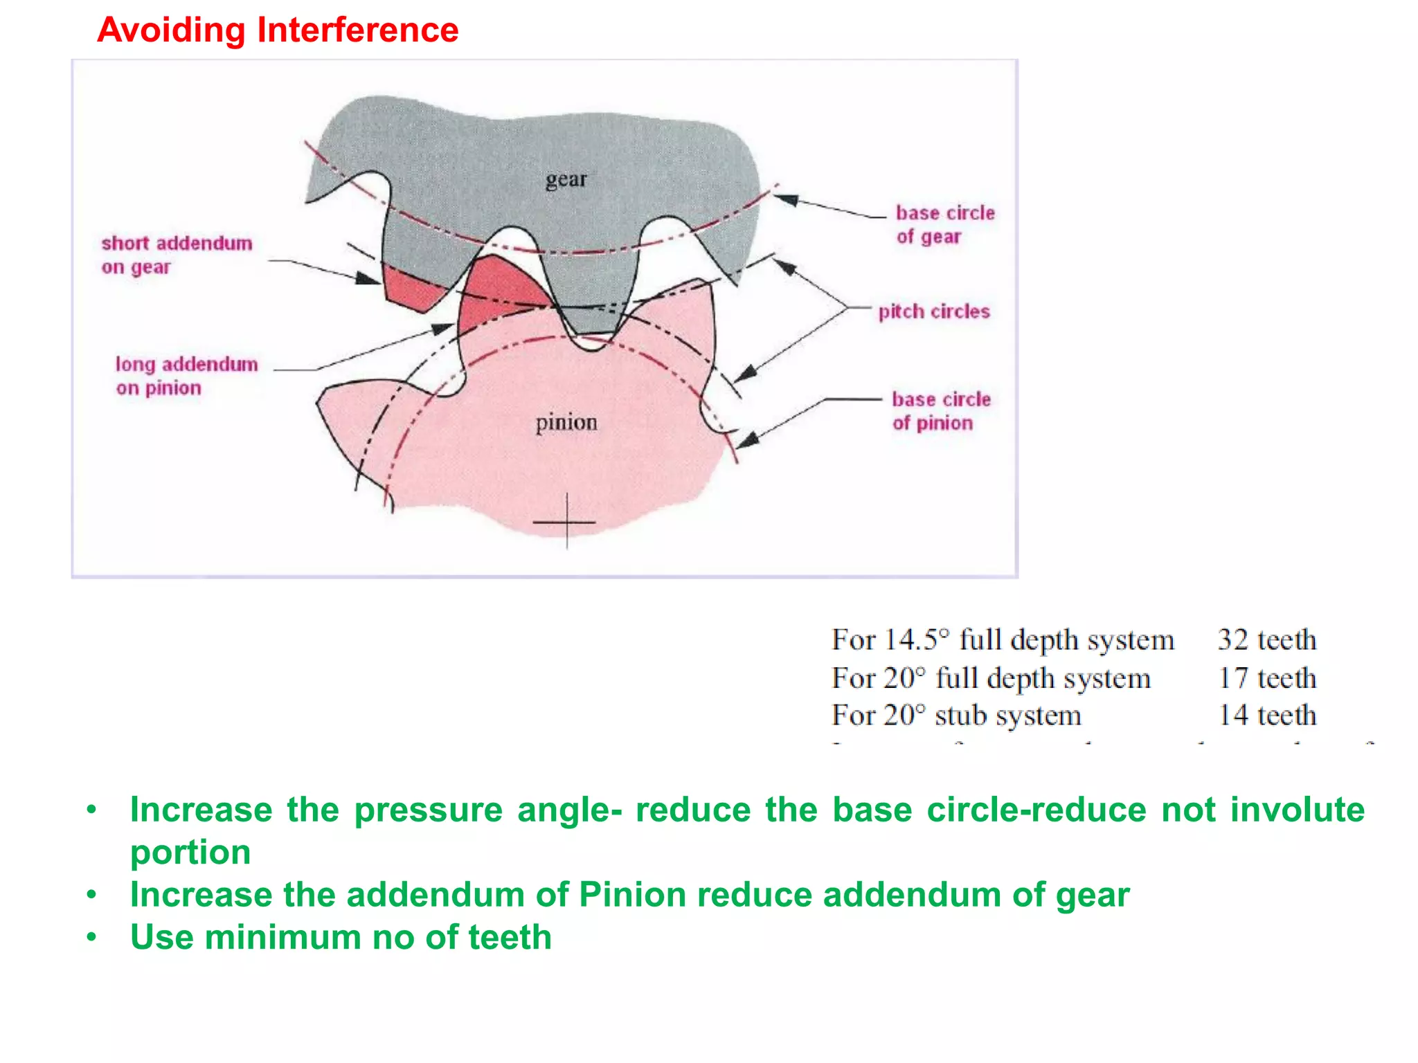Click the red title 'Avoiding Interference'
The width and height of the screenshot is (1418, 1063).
coord(278,30)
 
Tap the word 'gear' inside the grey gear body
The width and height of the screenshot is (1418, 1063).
coord(566,180)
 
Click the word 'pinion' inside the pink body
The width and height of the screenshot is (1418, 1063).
coord(566,422)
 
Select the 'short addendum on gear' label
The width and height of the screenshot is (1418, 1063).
coord(177,255)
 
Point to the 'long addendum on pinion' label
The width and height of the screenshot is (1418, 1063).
coord(186,376)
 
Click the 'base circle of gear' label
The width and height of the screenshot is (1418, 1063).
coord(944,224)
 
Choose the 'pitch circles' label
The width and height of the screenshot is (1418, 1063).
coord(933,311)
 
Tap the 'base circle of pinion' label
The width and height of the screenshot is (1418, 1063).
coord(940,411)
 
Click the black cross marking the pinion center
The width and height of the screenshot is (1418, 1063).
coord(566,522)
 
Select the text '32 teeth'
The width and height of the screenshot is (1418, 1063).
coord(1266,639)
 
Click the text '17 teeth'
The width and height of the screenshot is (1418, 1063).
coord(1266,678)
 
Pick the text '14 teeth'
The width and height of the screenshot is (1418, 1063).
coord(1266,715)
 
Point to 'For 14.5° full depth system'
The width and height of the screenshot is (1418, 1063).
coord(1003,639)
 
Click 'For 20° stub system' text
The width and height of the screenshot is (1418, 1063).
coord(956,715)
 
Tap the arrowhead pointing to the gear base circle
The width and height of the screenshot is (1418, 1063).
coord(784,200)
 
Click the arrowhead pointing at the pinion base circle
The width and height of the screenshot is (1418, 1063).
coord(747,440)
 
